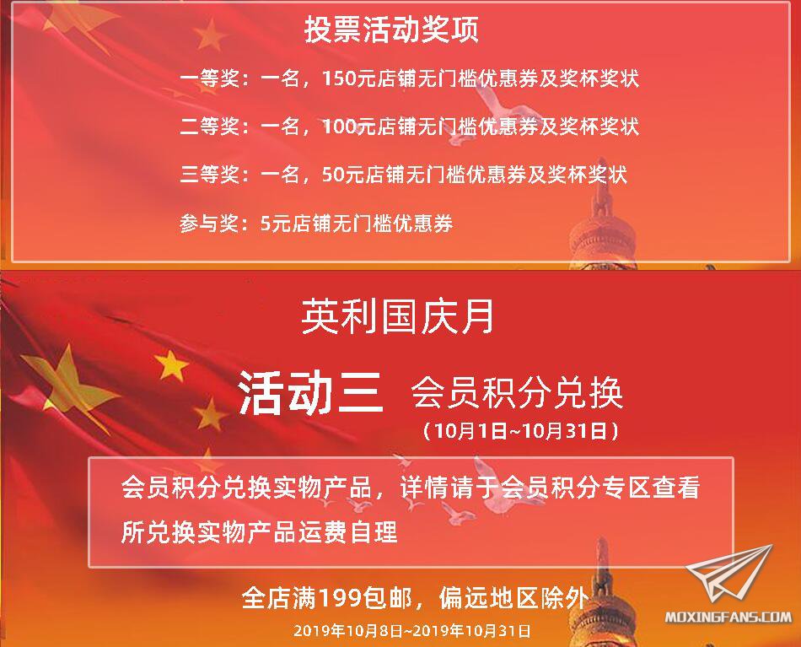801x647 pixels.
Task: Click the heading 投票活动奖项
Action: coord(391,30)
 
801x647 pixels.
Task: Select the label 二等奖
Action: coord(209,127)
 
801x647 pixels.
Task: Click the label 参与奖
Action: coord(209,224)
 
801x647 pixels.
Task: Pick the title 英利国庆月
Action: coord(397,317)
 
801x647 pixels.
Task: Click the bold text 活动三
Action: coord(310,392)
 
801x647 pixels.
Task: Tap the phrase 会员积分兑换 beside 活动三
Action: coord(517,392)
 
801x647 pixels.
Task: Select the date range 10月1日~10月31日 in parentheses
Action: coord(520,431)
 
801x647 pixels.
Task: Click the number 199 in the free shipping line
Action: coord(341,597)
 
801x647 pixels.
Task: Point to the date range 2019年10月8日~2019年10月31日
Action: coord(411,631)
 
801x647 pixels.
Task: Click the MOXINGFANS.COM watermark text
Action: coord(728,617)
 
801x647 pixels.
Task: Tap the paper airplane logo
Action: coord(730,573)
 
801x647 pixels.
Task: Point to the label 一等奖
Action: coord(209,78)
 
